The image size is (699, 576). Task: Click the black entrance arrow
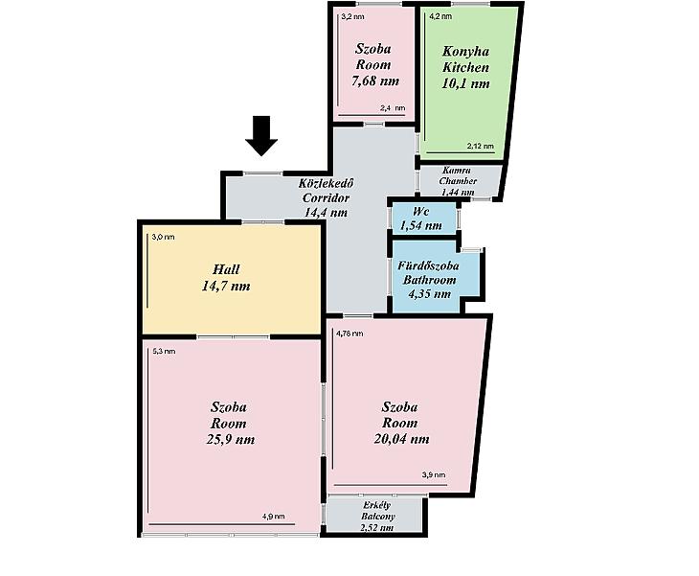261,136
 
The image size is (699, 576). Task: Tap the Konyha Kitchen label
466,59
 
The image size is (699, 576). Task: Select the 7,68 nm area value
375,81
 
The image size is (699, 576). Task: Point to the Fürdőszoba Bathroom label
429,272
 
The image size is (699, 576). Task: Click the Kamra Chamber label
458,175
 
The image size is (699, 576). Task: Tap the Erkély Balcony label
377,511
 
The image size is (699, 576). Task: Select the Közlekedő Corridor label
326,191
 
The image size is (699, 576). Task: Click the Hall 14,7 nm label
226,278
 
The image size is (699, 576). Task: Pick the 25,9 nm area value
231,440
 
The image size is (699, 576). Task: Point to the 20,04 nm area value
401,439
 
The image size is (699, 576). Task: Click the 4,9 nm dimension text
273,517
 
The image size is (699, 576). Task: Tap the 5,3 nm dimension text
164,351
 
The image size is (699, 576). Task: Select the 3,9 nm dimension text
434,475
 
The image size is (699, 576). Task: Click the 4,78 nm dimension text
349,334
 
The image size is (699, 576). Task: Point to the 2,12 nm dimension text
481,146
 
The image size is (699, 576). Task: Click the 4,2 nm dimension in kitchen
440,16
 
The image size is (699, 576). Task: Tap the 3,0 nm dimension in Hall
163,237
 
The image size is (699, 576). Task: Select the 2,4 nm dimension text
393,108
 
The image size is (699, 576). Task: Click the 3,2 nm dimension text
352,17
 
